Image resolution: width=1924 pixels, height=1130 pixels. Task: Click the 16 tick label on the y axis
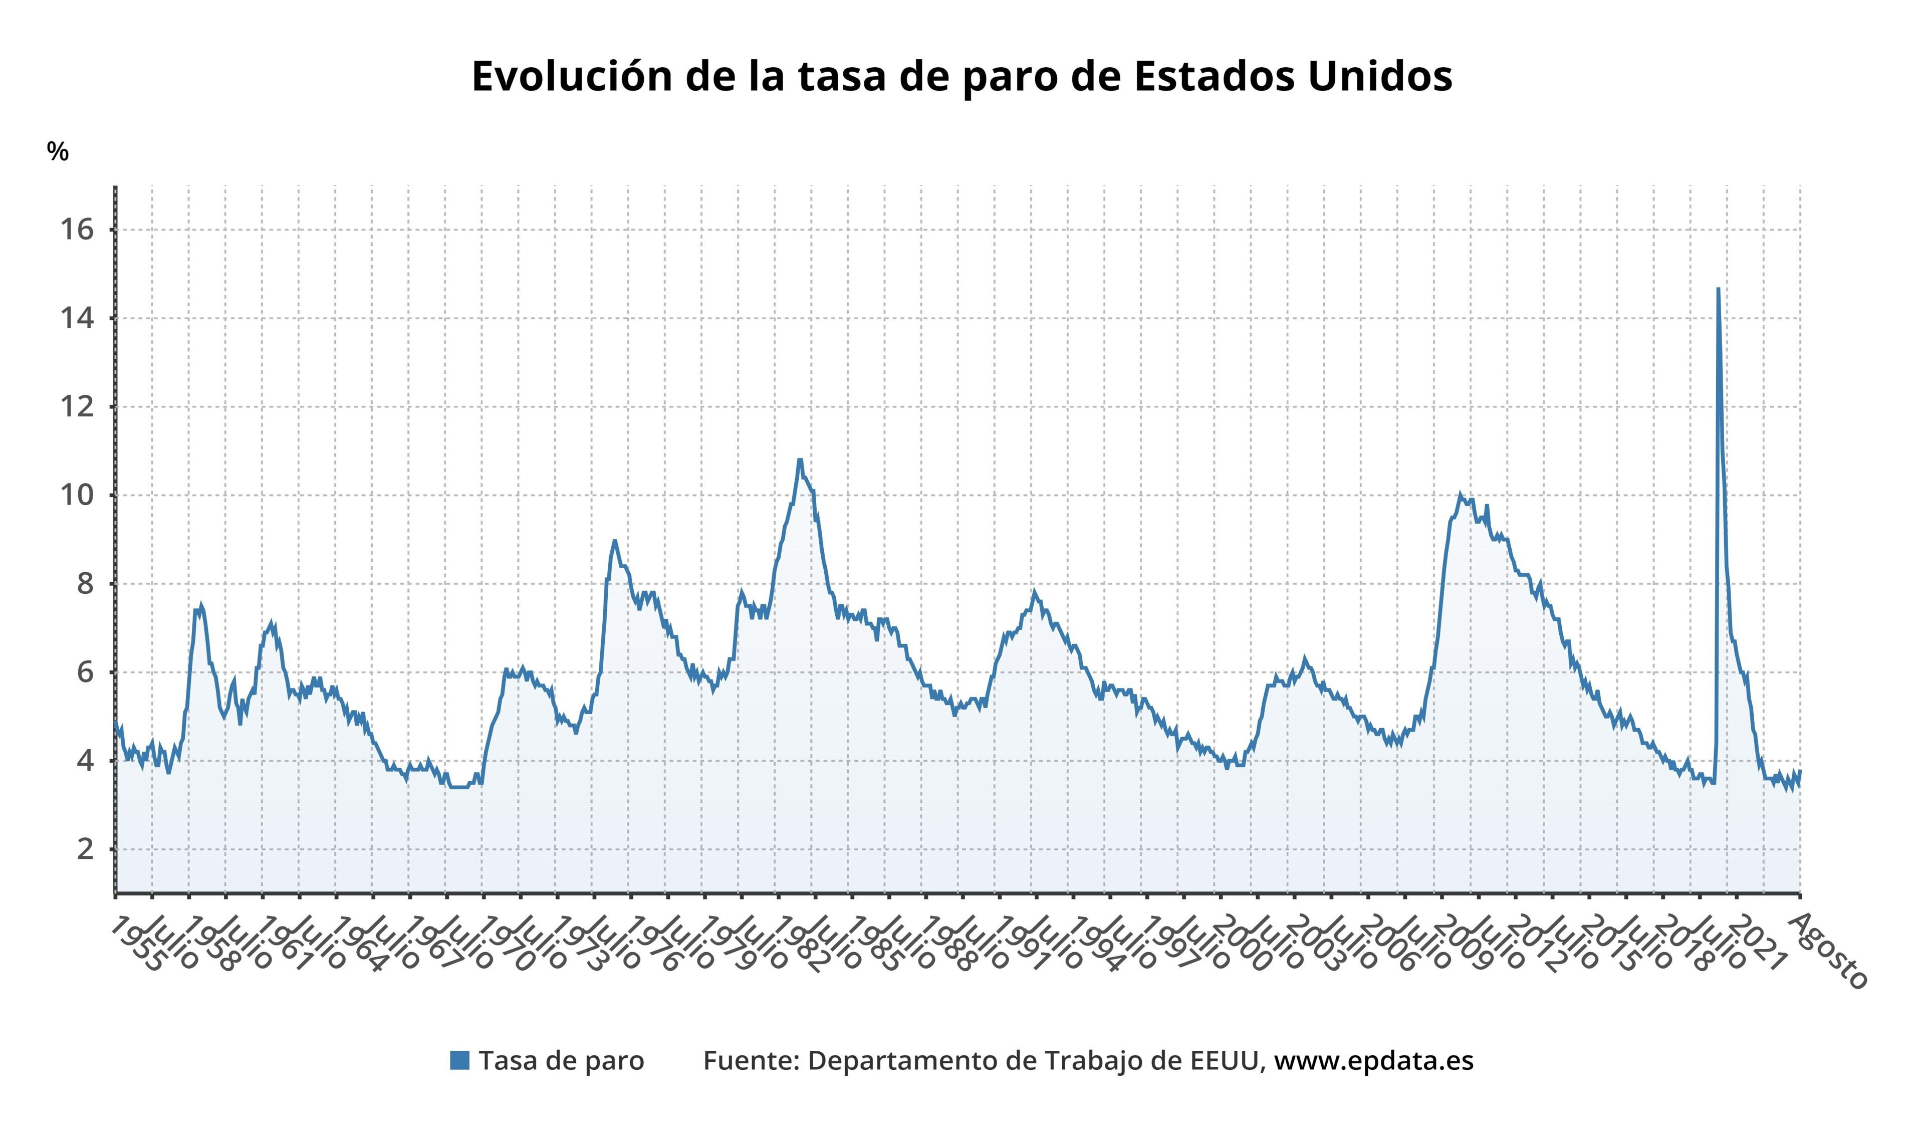pos(77,229)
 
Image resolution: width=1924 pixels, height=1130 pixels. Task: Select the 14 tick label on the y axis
pos(77,318)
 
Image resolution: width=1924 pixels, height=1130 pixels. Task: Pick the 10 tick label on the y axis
pos(77,495)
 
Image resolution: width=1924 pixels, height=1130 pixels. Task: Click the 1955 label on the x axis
pos(137,945)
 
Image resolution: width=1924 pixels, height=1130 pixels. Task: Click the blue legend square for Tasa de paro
pos(459,1060)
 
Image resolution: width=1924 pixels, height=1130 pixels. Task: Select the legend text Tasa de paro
pos(561,1060)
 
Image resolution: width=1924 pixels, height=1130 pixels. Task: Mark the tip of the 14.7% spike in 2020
pos(1718,289)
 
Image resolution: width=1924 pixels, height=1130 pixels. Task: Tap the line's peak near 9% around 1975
pos(614,541)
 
